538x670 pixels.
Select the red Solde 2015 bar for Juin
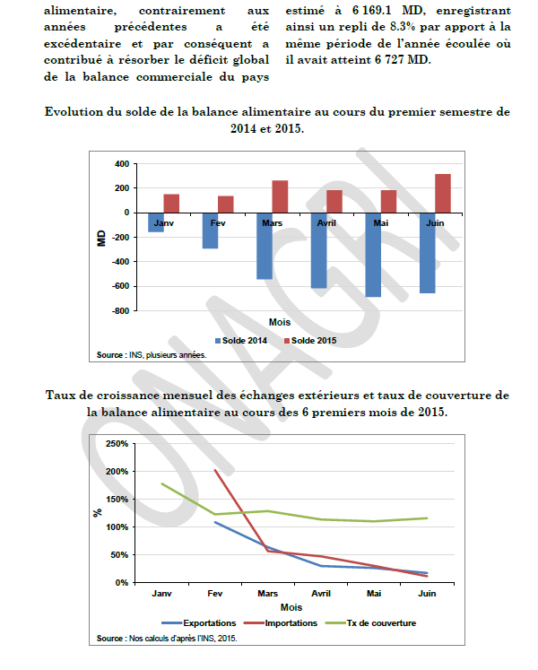(x=442, y=193)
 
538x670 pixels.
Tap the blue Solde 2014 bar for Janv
(x=156, y=222)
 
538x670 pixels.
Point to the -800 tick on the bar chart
(x=119, y=311)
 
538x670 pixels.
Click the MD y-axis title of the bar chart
(x=101, y=239)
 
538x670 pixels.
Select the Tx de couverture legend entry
(x=378, y=622)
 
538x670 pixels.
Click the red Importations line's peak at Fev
(x=214, y=470)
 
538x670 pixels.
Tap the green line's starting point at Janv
(x=161, y=483)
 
